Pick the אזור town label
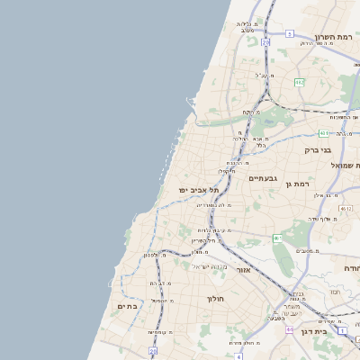[x=243, y=269]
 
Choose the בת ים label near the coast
[x=128, y=306]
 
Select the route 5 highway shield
[x=290, y=33]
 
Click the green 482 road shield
[x=300, y=82]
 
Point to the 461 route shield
[x=277, y=238]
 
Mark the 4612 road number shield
[x=345, y=208]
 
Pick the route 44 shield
[x=289, y=329]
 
